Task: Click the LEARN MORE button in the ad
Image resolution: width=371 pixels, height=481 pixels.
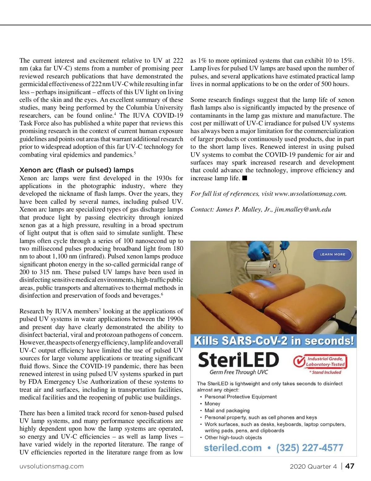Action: coord(332,254)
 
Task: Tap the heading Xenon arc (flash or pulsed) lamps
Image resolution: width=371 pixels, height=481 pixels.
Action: coord(77,170)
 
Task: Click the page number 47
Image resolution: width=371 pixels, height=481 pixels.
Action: coord(350,466)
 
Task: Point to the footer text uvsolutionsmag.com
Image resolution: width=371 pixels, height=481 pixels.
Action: coord(52,466)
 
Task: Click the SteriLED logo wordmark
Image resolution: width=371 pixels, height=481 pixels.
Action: coord(238,360)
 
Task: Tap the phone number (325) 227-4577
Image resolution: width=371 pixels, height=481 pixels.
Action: coord(310,448)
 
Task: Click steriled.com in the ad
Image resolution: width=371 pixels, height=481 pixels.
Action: coord(233,448)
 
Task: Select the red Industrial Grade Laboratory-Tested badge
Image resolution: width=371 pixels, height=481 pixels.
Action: coord(320,362)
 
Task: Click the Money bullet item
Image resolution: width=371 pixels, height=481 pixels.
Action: coord(212,404)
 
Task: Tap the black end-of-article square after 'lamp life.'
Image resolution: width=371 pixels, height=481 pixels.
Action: coord(245,178)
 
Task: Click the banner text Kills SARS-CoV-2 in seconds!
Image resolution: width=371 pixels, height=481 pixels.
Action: coord(274,341)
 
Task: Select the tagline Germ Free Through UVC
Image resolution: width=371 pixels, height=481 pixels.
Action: coord(239,372)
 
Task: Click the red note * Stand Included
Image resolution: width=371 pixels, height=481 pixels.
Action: coord(325,372)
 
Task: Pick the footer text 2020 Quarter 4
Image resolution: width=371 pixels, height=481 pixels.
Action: coord(313,466)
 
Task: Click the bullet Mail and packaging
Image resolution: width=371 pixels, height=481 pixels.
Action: coord(227,411)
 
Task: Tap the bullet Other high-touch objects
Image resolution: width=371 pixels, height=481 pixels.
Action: coord(233,437)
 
